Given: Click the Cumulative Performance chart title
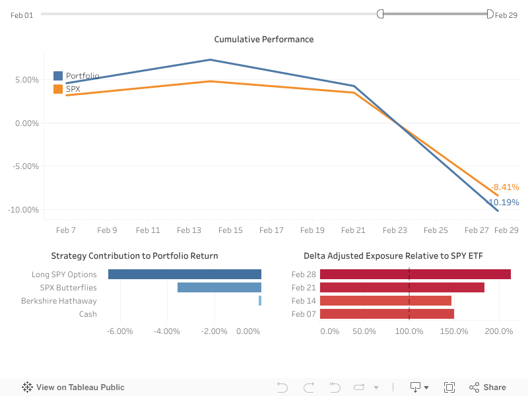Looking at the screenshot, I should [264, 40].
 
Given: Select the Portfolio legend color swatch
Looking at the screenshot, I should [58, 76].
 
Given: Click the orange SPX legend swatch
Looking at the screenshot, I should [58, 89].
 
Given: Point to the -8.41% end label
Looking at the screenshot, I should [505, 187].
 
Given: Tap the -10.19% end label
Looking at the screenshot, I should [503, 203].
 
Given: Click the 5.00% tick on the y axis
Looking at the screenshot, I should [26, 80].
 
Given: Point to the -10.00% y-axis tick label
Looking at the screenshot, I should [24, 210].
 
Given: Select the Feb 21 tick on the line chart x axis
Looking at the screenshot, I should [353, 230].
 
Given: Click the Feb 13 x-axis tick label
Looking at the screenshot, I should [189, 230].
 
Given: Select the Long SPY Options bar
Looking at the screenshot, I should [185, 275].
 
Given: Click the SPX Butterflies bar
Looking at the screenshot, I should [219, 288].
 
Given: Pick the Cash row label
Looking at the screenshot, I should [88, 314].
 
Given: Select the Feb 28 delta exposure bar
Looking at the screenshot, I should [415, 275].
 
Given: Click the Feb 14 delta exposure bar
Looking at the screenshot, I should [385, 301].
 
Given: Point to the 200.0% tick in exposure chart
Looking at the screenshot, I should [499, 331].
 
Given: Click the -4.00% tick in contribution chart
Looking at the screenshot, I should [166, 331].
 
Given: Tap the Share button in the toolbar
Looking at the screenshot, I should [488, 387].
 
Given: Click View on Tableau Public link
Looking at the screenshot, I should [73, 387].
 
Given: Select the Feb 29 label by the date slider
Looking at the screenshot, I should [506, 15].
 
